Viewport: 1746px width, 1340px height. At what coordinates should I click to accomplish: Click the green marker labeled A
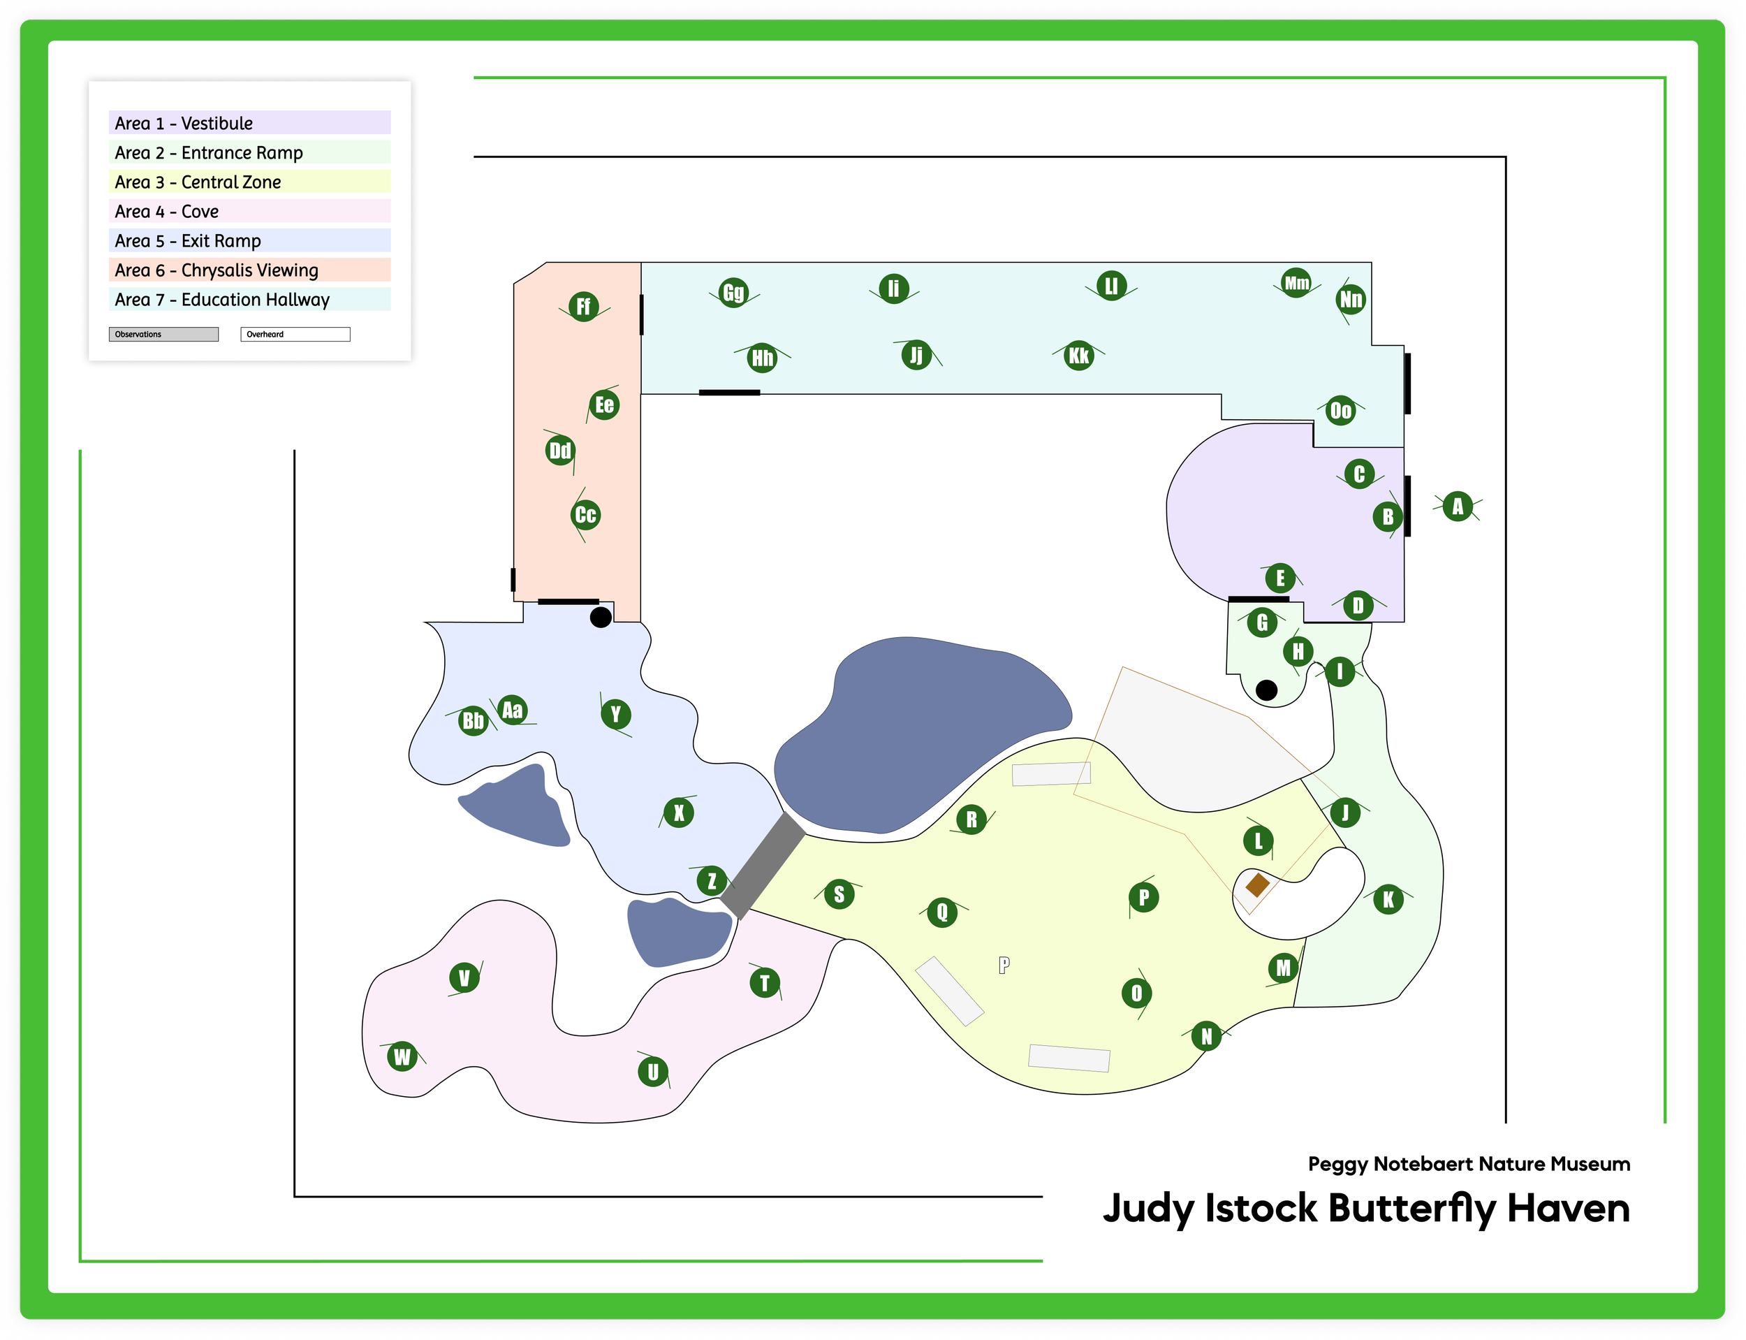tap(1458, 507)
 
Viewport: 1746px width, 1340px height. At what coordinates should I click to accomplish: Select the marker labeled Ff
tap(584, 306)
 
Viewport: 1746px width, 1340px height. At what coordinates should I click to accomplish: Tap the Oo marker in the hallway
tap(1340, 411)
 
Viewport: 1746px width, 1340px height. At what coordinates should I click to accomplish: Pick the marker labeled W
tap(402, 1057)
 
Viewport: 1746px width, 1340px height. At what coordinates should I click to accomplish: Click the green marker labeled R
tap(971, 819)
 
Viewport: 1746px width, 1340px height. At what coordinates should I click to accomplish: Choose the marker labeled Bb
tap(473, 721)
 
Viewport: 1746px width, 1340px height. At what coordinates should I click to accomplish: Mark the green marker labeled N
tap(1206, 1036)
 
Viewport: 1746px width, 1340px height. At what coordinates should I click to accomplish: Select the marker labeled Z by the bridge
tap(711, 880)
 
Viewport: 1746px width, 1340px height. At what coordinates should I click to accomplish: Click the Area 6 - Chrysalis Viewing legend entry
tap(249, 270)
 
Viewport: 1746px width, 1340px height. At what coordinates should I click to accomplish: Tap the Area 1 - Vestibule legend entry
tap(249, 123)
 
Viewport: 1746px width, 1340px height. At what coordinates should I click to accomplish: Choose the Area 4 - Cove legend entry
tap(249, 212)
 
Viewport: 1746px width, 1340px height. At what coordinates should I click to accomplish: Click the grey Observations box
tap(163, 334)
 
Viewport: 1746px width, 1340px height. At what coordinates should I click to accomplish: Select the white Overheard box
tap(295, 334)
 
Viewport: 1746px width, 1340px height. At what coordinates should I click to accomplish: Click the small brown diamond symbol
tap(1257, 884)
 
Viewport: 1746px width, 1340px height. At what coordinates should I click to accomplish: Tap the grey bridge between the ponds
tap(763, 866)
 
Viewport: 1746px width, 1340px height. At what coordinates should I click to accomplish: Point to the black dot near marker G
tap(1266, 690)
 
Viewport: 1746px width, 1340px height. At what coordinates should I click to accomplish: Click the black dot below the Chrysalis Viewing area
tap(601, 617)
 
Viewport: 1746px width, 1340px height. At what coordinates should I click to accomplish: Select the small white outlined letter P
tap(1004, 965)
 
